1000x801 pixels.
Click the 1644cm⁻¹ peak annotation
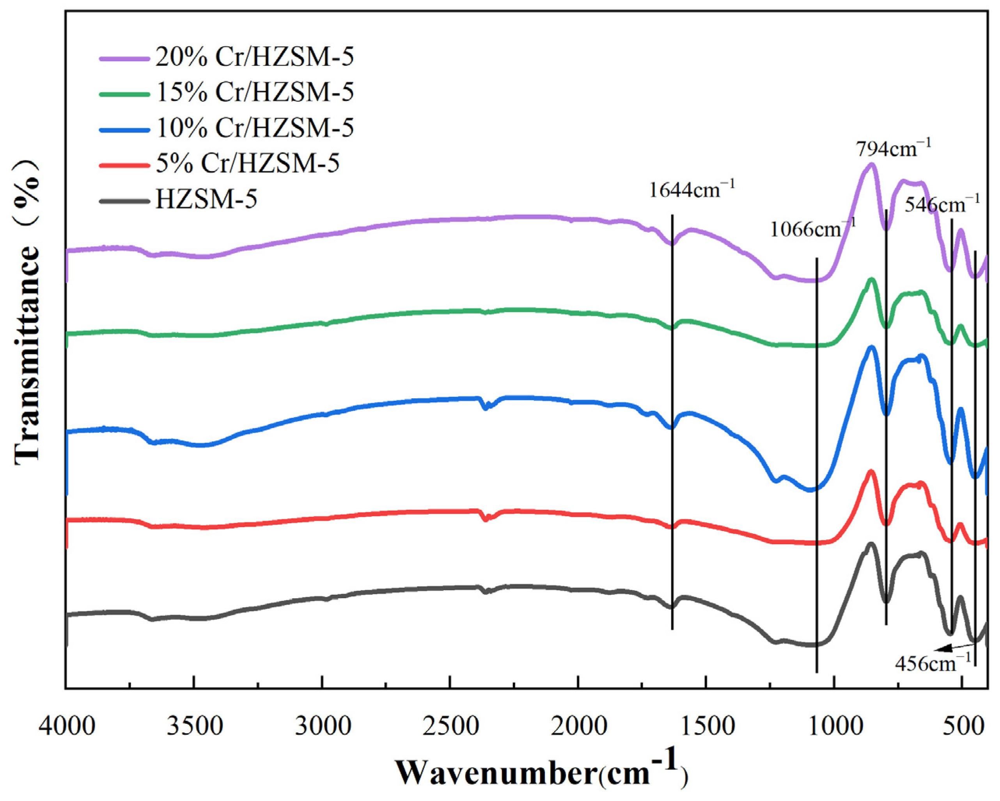(691, 190)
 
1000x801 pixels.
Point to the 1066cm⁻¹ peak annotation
(812, 229)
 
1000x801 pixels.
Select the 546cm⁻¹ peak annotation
(942, 204)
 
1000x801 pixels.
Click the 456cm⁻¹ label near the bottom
(932, 664)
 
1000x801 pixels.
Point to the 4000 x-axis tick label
(67, 727)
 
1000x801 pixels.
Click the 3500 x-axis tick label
(195, 727)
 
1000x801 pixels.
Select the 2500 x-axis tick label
(450, 727)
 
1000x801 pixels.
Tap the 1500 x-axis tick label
(706, 727)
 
